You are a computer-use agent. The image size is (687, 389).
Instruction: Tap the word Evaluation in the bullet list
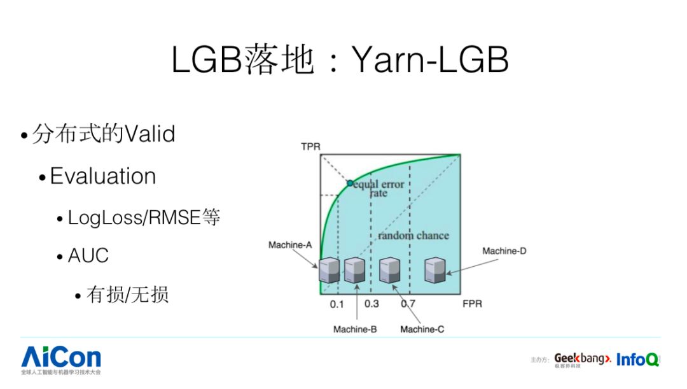(102, 176)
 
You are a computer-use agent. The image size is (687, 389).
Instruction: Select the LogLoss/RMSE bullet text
(144, 218)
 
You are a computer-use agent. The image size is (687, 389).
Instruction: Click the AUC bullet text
(88, 255)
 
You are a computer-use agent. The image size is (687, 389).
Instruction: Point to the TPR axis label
(310, 147)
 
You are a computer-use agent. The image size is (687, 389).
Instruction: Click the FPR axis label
(472, 304)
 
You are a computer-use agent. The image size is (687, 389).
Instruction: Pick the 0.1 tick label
(337, 304)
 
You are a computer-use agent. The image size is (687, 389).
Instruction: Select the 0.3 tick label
(371, 304)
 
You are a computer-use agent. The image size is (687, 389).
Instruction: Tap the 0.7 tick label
(408, 304)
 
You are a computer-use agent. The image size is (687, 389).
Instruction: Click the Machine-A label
(290, 245)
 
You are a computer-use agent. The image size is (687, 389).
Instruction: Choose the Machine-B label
(355, 329)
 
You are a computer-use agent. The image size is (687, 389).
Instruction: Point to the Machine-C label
(422, 329)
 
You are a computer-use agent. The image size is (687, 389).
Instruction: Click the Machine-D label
(504, 251)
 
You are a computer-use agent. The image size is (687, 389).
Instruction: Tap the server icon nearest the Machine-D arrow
(434, 270)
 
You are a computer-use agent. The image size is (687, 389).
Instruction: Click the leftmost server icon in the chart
(329, 271)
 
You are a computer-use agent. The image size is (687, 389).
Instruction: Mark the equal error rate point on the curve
(349, 183)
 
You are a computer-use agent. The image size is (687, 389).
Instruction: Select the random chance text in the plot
(413, 236)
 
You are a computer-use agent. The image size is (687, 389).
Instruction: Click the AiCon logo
(61, 358)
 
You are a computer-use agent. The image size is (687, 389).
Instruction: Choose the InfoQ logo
(637, 360)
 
